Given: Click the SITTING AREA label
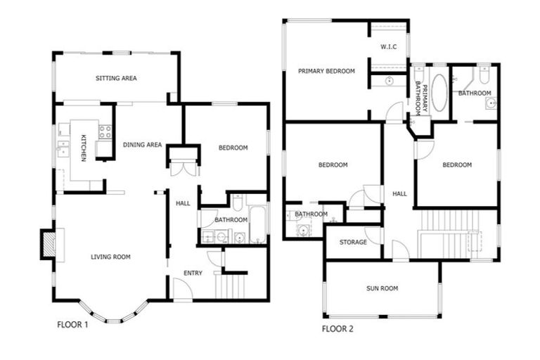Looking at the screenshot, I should click(x=116, y=78).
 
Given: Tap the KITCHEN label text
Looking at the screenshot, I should click(x=83, y=148).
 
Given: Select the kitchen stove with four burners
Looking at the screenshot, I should click(x=105, y=130).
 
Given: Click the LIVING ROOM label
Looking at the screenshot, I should click(x=110, y=257).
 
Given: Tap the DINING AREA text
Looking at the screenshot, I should click(x=143, y=145).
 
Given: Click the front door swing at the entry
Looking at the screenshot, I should click(x=181, y=289).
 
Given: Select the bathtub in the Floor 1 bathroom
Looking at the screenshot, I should click(x=257, y=224).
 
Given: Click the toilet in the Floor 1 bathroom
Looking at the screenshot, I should click(x=238, y=204).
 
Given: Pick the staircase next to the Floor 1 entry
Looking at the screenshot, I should click(x=231, y=285).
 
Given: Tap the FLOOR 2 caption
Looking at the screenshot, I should click(x=338, y=328).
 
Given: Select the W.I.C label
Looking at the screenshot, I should click(x=389, y=48).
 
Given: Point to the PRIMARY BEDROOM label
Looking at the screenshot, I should click(x=326, y=71).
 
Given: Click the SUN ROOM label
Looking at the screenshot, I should click(x=382, y=288).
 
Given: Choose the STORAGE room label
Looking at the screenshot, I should click(x=353, y=242).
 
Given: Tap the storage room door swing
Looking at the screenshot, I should click(x=374, y=235).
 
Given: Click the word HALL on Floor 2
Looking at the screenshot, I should click(x=399, y=194).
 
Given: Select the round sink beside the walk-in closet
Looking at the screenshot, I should click(x=389, y=82).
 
